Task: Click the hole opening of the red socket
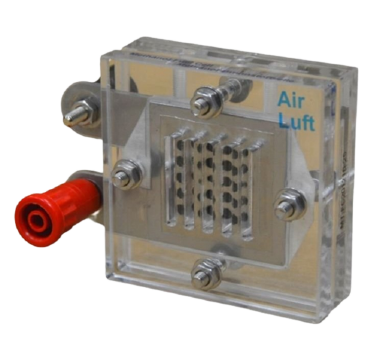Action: tap(37, 218)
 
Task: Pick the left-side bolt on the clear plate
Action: tap(125, 177)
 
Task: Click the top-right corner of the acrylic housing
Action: tap(355, 70)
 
